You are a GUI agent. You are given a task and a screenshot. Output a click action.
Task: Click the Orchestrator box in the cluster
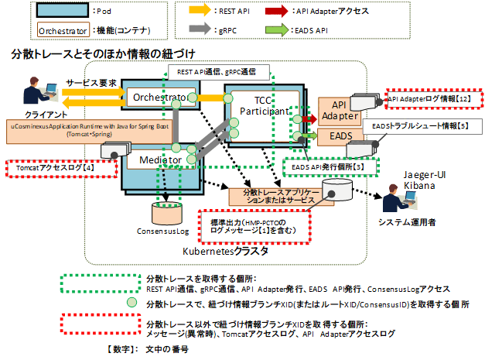click(159, 98)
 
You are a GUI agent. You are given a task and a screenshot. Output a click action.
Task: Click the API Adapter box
click(338, 111)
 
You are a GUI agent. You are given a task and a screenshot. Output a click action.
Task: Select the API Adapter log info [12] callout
click(432, 100)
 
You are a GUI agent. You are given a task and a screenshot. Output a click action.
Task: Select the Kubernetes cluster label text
click(225, 252)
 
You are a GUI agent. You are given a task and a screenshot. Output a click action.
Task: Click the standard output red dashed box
click(253, 226)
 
